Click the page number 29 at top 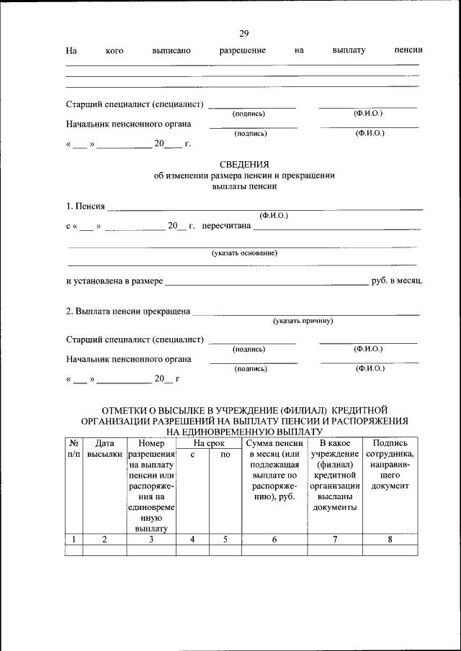(x=243, y=34)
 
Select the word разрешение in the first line (x=243, y=50)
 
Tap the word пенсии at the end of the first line (x=408, y=50)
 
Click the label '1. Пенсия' (x=86, y=207)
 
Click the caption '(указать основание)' (x=244, y=253)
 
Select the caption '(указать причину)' (x=303, y=321)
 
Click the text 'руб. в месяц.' (x=396, y=280)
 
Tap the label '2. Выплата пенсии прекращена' (x=128, y=311)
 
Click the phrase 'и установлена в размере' (x=114, y=280)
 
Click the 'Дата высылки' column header (x=104, y=450)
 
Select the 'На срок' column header (x=210, y=444)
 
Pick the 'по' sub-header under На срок (x=225, y=455)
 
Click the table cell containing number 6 (x=274, y=539)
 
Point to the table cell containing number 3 (x=151, y=539)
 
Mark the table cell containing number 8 (x=390, y=539)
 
